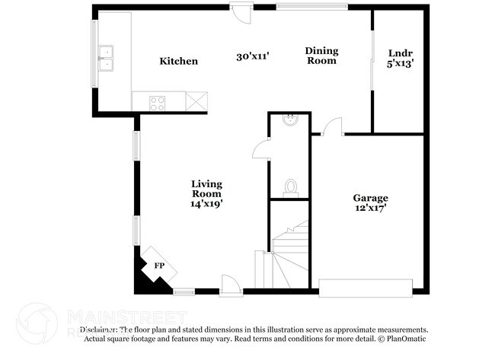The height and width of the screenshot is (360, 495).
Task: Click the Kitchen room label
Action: (178, 61)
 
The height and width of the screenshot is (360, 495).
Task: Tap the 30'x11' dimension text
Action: (254, 56)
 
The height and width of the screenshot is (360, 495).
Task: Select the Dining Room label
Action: (321, 56)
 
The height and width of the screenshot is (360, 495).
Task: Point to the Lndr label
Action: (400, 53)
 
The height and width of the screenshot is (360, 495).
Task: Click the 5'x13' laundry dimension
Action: (400, 64)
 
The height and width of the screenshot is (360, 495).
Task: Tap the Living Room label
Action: (206, 189)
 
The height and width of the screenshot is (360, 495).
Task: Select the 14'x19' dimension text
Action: (206, 203)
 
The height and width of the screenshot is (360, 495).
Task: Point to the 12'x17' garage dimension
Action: (371, 207)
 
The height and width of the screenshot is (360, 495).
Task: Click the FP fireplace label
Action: (159, 266)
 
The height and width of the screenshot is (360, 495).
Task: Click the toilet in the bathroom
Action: (290, 186)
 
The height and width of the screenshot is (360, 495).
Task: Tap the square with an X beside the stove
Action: (197, 100)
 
